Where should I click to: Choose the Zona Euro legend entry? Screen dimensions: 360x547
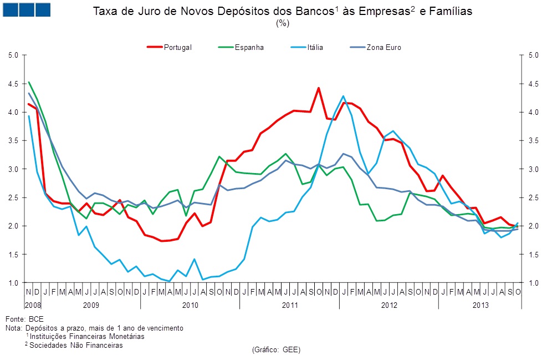point(383,48)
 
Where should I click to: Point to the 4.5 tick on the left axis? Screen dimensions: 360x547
point(14,84)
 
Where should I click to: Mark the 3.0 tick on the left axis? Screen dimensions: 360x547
point(14,169)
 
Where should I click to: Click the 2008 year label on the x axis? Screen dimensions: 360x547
point(33,305)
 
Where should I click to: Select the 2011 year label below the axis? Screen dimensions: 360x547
point(290,305)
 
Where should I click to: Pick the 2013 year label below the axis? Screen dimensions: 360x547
point(480,305)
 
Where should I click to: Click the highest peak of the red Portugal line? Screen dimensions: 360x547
point(319,88)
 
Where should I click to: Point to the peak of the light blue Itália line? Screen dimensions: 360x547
point(344,96)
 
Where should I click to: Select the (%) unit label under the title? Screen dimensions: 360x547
point(283,23)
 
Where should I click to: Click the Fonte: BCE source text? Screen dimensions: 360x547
point(24,320)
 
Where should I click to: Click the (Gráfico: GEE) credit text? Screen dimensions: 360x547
point(275,350)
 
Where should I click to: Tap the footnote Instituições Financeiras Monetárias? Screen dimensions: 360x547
point(87,337)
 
